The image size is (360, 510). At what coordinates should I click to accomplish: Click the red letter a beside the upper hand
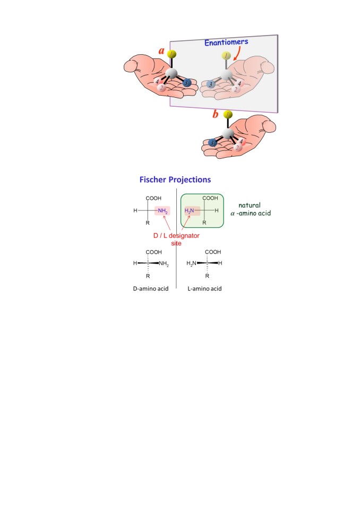point(161,51)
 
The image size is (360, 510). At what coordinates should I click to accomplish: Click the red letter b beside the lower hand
point(215,114)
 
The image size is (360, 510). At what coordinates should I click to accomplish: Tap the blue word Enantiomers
point(226,42)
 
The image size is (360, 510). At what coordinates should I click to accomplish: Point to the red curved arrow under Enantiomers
point(237,53)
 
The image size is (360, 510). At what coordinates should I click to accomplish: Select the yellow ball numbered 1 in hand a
point(172,54)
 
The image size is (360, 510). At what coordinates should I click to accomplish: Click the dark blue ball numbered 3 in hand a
point(187,83)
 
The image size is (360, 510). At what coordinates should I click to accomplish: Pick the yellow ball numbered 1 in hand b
point(228,114)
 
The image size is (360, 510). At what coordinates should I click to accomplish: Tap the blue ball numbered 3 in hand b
point(212,143)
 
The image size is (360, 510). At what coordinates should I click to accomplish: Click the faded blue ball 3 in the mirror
point(211,84)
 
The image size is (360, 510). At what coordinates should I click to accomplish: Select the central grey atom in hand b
point(228,133)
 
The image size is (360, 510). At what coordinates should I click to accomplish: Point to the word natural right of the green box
point(250,205)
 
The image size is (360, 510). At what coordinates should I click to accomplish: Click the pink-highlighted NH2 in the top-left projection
point(162,211)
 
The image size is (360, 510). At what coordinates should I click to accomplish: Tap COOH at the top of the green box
point(210,198)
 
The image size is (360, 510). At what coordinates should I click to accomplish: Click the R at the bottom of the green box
point(204,223)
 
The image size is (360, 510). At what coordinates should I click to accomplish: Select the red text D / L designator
point(176,235)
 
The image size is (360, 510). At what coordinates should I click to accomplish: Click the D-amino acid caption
point(151,288)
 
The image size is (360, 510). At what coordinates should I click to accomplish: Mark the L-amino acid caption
point(204,288)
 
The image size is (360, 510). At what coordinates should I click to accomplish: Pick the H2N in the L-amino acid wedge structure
point(191,263)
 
